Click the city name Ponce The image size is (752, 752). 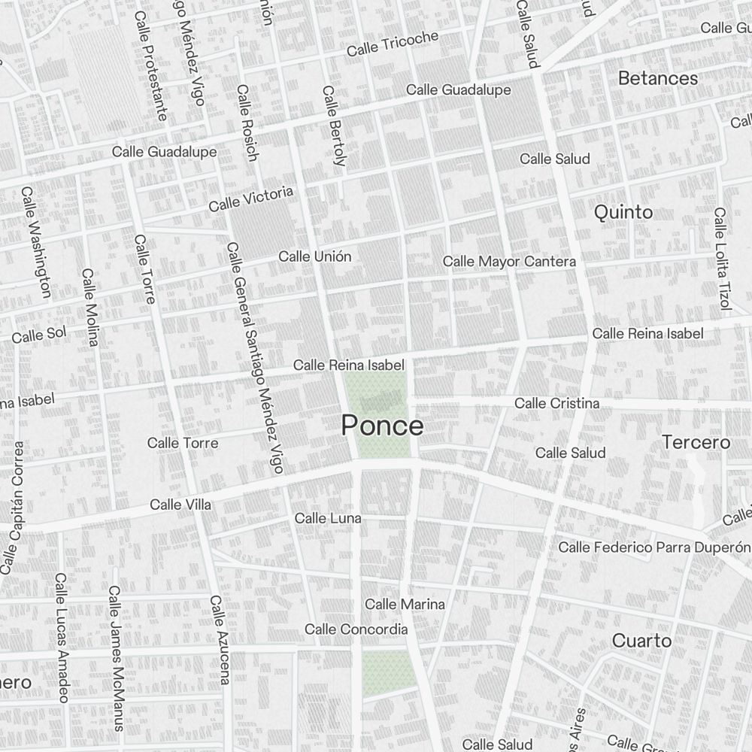tap(382, 426)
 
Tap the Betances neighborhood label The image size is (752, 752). tap(657, 78)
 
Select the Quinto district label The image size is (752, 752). tap(623, 212)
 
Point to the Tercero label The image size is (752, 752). tap(696, 442)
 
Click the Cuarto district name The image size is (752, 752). tap(641, 641)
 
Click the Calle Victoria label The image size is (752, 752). tap(250, 199)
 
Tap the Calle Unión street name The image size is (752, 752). tap(314, 256)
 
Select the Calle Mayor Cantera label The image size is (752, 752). tap(509, 262)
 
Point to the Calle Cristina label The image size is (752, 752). tap(556, 404)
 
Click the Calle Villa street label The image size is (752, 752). tap(180, 505)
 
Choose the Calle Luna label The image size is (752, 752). tap(327, 518)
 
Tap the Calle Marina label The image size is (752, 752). tap(405, 604)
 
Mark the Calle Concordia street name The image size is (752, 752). tap(356, 629)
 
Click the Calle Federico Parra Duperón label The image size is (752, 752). tap(653, 547)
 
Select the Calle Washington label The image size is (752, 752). tap(36, 242)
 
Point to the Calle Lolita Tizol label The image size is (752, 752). tap(722, 259)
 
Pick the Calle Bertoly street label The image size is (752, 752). tap(333, 126)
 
